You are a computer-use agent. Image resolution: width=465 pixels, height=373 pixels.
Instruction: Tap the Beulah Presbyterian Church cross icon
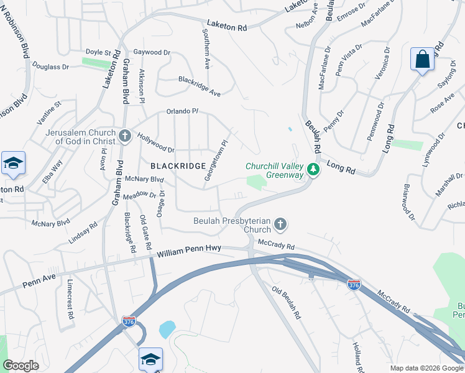280,224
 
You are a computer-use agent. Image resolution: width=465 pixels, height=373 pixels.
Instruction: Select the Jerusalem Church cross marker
124,136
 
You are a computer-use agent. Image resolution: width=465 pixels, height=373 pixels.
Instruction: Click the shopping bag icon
422,60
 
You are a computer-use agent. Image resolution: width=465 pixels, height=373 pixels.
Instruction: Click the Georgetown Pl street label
216,161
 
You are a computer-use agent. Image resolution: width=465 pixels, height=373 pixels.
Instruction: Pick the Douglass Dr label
49,65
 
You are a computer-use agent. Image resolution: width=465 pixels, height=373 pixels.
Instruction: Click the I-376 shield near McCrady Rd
354,284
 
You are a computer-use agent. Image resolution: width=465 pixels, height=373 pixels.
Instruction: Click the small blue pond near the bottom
167,329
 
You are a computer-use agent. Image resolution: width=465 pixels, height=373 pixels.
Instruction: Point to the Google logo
21,366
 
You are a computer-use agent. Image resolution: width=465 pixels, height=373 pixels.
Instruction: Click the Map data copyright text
426,368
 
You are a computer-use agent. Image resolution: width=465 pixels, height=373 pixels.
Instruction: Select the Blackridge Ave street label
200,86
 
